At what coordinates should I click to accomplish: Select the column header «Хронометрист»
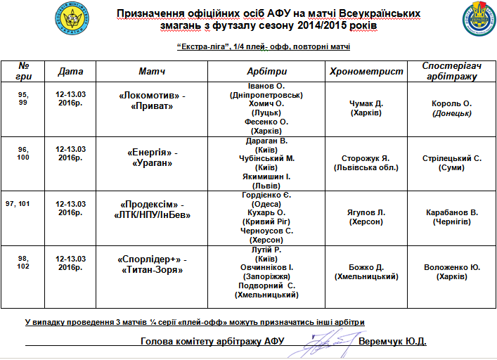pyautogui.click(x=366, y=72)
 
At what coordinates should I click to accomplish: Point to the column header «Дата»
pyautogui.click(x=70, y=72)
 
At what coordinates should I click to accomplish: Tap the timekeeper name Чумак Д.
pyautogui.click(x=366, y=103)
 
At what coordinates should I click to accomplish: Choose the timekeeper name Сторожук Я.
pyautogui.click(x=366, y=157)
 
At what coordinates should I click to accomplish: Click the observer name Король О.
pyautogui.click(x=451, y=103)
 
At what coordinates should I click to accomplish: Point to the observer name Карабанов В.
pyautogui.click(x=452, y=212)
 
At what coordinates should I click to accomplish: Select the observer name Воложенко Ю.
pyautogui.click(x=452, y=267)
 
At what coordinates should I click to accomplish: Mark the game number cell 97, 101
pyautogui.click(x=22, y=204)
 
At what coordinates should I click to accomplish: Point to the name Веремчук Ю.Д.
pyautogui.click(x=392, y=342)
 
